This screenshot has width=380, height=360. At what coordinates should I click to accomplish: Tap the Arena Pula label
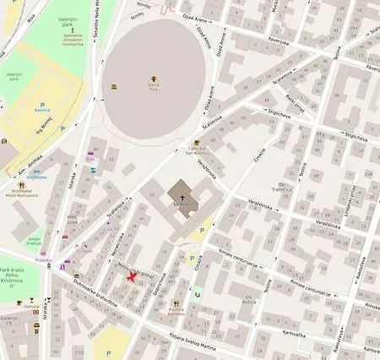[154, 87]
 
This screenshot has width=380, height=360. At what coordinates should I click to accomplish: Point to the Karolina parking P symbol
[42, 106]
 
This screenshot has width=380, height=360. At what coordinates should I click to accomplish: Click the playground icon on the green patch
[198, 294]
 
